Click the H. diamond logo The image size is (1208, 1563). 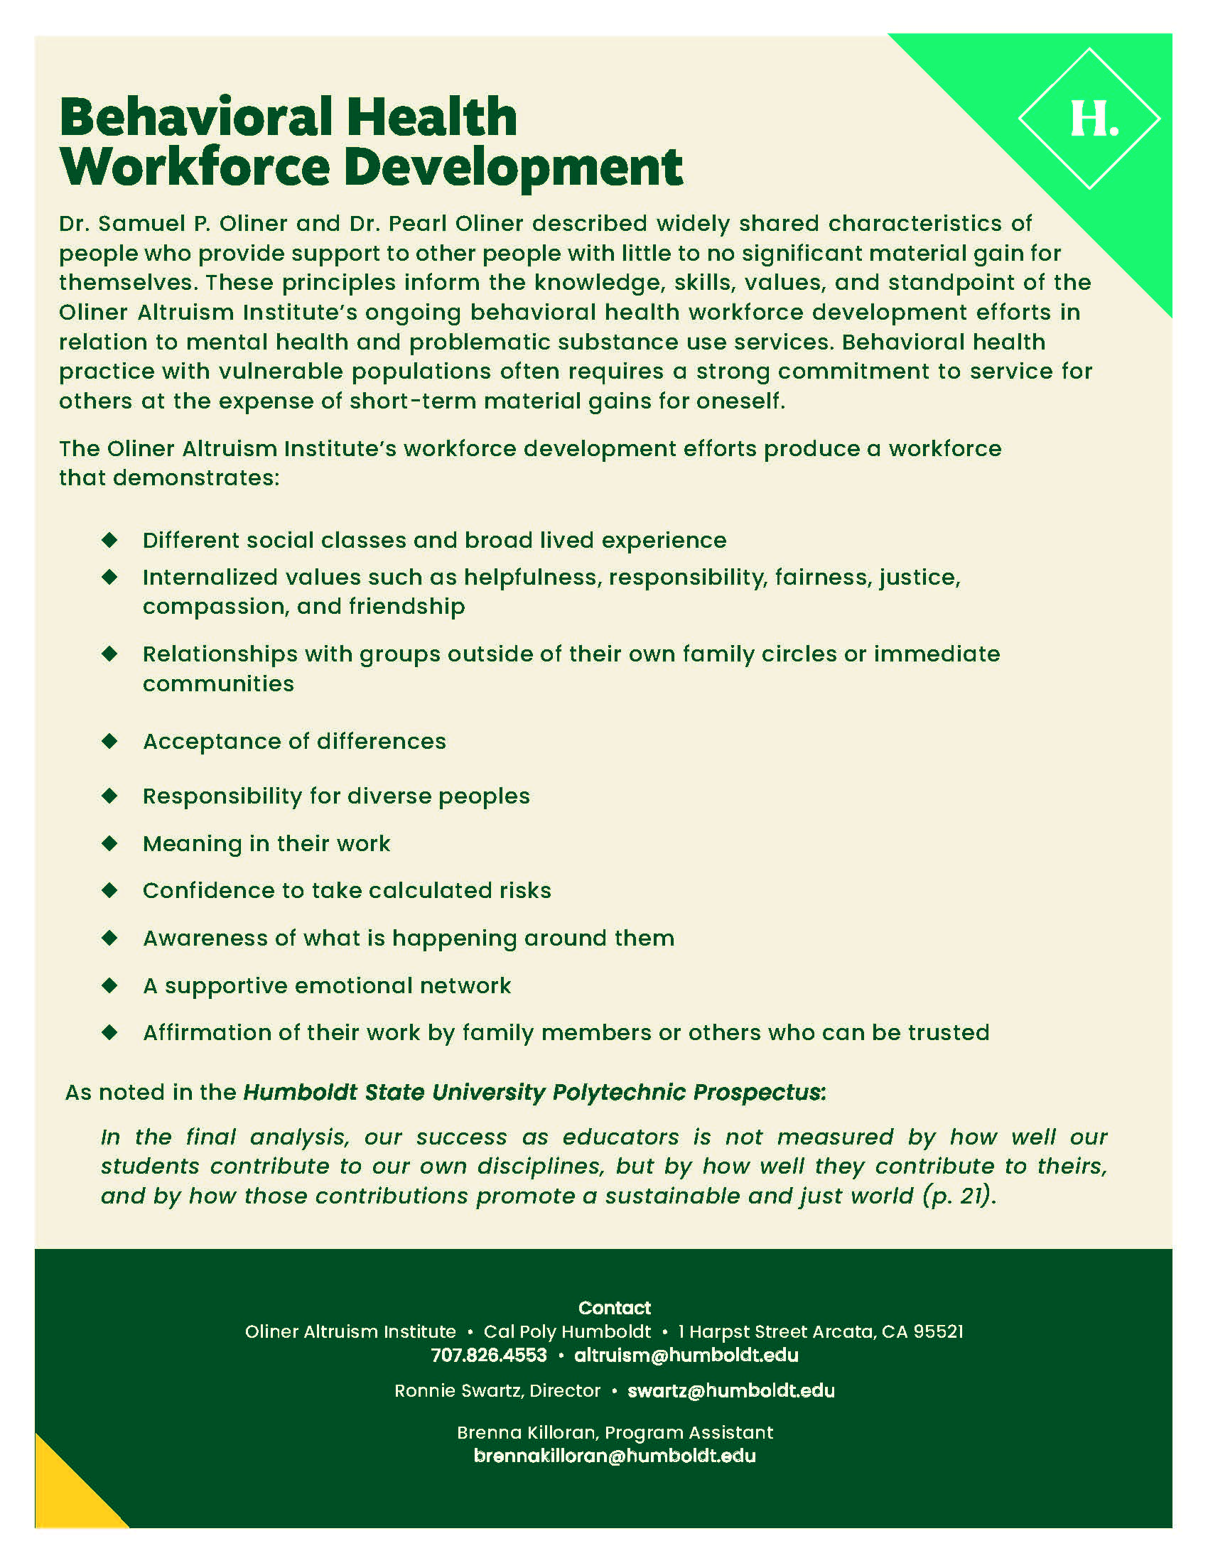[1089, 119]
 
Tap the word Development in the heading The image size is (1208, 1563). [513, 168]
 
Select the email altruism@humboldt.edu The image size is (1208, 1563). [686, 1355]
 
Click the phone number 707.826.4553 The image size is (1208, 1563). [489, 1355]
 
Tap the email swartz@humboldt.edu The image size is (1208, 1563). [730, 1390]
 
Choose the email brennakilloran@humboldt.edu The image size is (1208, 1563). [614, 1456]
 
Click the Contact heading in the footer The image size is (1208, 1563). [614, 1307]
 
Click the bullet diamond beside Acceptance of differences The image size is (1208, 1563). [109, 741]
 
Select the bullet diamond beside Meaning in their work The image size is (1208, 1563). [109, 843]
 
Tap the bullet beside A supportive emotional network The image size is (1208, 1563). [109, 985]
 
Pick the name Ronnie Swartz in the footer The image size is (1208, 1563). [459, 1390]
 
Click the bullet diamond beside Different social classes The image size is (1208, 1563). [109, 540]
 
